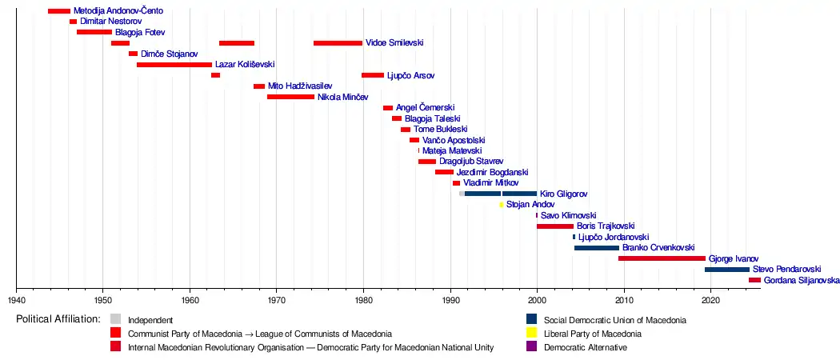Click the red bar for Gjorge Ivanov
(x=661, y=258)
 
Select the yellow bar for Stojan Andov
(x=502, y=205)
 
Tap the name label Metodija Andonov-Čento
(x=118, y=11)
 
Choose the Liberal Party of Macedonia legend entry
(x=593, y=334)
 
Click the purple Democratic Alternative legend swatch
(x=531, y=347)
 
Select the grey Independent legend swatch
(x=116, y=320)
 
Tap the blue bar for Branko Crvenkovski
(x=596, y=248)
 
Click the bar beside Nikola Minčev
(x=290, y=97)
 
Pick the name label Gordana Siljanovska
(x=802, y=281)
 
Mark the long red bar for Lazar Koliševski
(x=174, y=65)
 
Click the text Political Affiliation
(x=58, y=319)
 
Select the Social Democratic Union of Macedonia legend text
(x=614, y=320)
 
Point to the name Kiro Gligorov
(x=564, y=194)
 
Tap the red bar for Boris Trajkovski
(x=555, y=226)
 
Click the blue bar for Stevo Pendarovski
(x=726, y=270)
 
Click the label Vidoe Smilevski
(x=394, y=43)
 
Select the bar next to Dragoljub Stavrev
(x=427, y=162)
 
